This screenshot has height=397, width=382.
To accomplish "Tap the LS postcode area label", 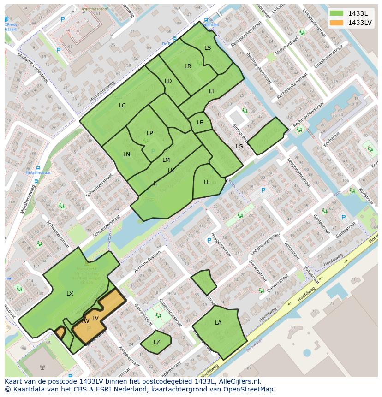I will (x=208, y=48).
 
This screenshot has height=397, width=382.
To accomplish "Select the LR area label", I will (x=188, y=66).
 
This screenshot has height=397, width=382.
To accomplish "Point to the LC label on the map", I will (x=122, y=106).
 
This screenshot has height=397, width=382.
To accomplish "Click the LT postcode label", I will (x=212, y=91).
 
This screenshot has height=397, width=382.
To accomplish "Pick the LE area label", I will (x=200, y=123).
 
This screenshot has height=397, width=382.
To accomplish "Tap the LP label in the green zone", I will (x=149, y=133).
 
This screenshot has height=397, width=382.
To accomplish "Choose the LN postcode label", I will (x=126, y=154).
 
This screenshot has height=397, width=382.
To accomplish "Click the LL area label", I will (x=207, y=182).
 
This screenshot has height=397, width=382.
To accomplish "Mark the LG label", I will (x=239, y=147).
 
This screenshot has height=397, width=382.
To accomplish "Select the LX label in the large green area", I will (x=70, y=294).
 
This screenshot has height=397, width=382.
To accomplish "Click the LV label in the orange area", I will (x=95, y=318).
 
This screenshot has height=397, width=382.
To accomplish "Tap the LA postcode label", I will (x=218, y=323).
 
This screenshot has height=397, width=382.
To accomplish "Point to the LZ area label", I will (x=157, y=342).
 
